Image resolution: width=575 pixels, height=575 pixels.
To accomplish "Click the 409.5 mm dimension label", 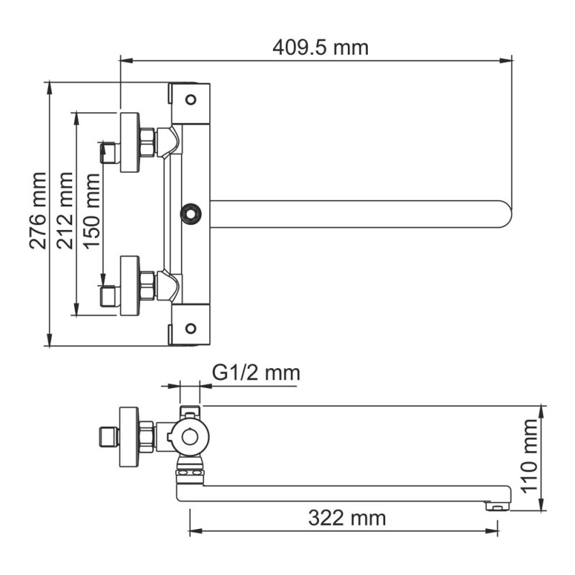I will coord(320,47).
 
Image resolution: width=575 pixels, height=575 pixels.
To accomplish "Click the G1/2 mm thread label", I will coord(256,373).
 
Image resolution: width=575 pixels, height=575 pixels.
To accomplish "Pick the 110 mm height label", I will coord(530,456).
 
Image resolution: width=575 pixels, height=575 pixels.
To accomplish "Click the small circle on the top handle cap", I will coord(190,98).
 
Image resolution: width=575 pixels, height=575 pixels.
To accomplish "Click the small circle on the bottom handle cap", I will coord(190,328).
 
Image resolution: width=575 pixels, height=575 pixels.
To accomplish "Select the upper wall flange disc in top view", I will coord(130,142).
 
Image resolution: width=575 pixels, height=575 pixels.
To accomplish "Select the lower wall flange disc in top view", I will coord(130,285).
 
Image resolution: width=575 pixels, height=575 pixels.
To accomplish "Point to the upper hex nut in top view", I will coord(147,142).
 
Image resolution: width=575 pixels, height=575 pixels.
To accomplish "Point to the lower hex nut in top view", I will coord(147,285).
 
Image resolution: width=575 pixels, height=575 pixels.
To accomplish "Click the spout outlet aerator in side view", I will coord(494,505).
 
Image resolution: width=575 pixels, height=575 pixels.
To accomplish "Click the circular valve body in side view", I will coord(190,436).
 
